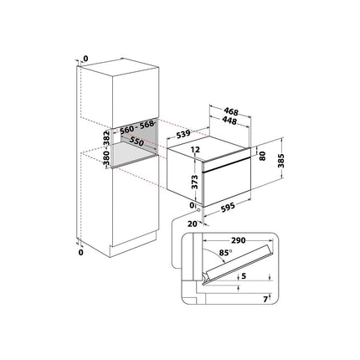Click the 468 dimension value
231,112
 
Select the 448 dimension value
229,121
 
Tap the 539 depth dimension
183,134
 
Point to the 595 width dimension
228,207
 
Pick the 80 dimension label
262,156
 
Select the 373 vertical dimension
195,182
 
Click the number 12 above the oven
196,150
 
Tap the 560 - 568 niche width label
137,127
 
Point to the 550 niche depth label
136,141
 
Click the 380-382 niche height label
106,149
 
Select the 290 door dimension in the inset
238,240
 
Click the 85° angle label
225,253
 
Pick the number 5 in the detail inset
244,276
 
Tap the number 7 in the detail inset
265,300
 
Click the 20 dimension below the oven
193,224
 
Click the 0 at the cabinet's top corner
85,59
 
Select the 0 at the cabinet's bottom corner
81,253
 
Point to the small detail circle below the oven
198,210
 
